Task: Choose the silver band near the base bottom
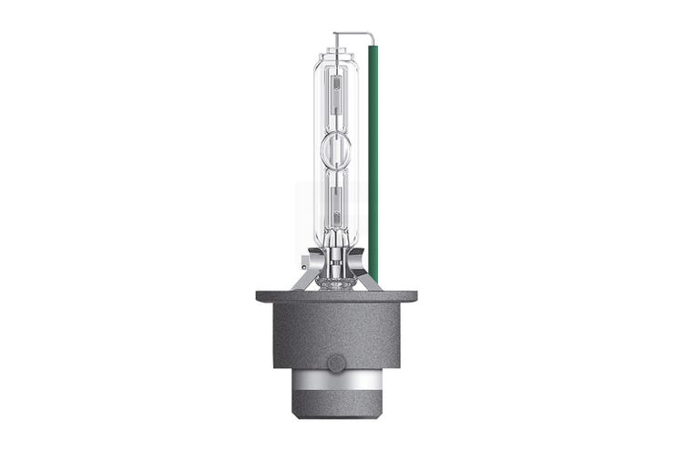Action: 337,378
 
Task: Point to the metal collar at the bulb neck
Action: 338,264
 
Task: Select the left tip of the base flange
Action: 258,294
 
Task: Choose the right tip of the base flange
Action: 417,294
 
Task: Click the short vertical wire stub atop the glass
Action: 337,40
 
